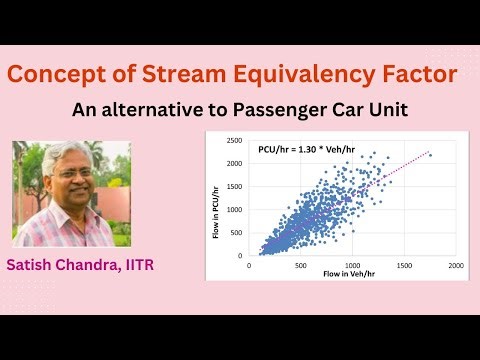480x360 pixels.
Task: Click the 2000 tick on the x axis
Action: [455, 266]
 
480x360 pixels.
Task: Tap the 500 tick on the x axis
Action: [300, 266]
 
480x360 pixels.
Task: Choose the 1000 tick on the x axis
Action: [351, 266]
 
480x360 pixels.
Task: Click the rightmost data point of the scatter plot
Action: [430, 156]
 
